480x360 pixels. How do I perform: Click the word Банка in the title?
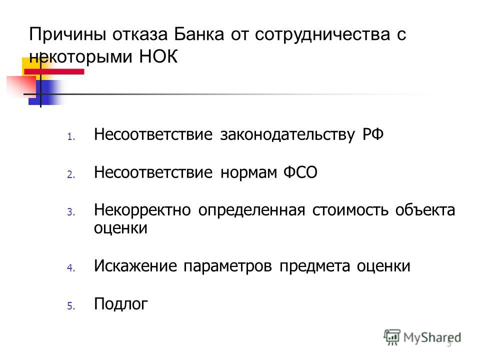[199, 34]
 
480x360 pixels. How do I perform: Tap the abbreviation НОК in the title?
[158, 56]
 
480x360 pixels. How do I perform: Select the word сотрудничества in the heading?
[322, 34]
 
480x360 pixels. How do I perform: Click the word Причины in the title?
[68, 34]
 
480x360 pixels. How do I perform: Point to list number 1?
[71, 136]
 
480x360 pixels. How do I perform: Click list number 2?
[71, 174]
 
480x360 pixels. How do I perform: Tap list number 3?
[71, 212]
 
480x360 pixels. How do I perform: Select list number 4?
[71, 268]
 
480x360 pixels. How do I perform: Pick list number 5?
[71, 306]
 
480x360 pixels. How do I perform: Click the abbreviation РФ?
[373, 134]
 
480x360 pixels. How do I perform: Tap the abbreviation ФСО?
[300, 172]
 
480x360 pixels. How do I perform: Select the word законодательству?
[287, 135]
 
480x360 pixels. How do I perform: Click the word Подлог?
[121, 304]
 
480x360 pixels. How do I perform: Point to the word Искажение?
[135, 265]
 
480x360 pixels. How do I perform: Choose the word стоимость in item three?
[350, 210]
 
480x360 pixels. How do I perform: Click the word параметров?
[227, 266]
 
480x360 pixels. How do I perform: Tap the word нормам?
[248, 172]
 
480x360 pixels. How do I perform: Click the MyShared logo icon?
[392, 337]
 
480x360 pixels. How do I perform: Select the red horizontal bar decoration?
[54, 71]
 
